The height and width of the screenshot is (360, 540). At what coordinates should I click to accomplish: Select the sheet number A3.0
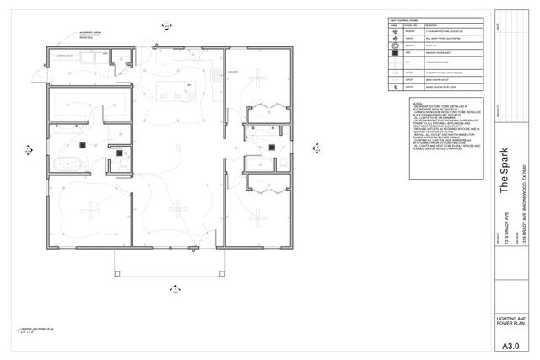(510, 346)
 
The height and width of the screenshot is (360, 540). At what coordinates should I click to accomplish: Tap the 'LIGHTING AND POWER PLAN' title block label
(510, 321)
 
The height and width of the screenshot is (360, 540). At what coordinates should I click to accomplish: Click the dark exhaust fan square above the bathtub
(84, 145)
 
